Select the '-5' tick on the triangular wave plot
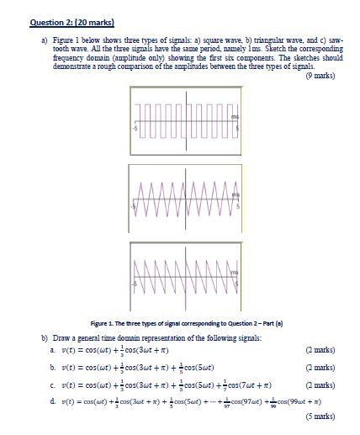point(135,204)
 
